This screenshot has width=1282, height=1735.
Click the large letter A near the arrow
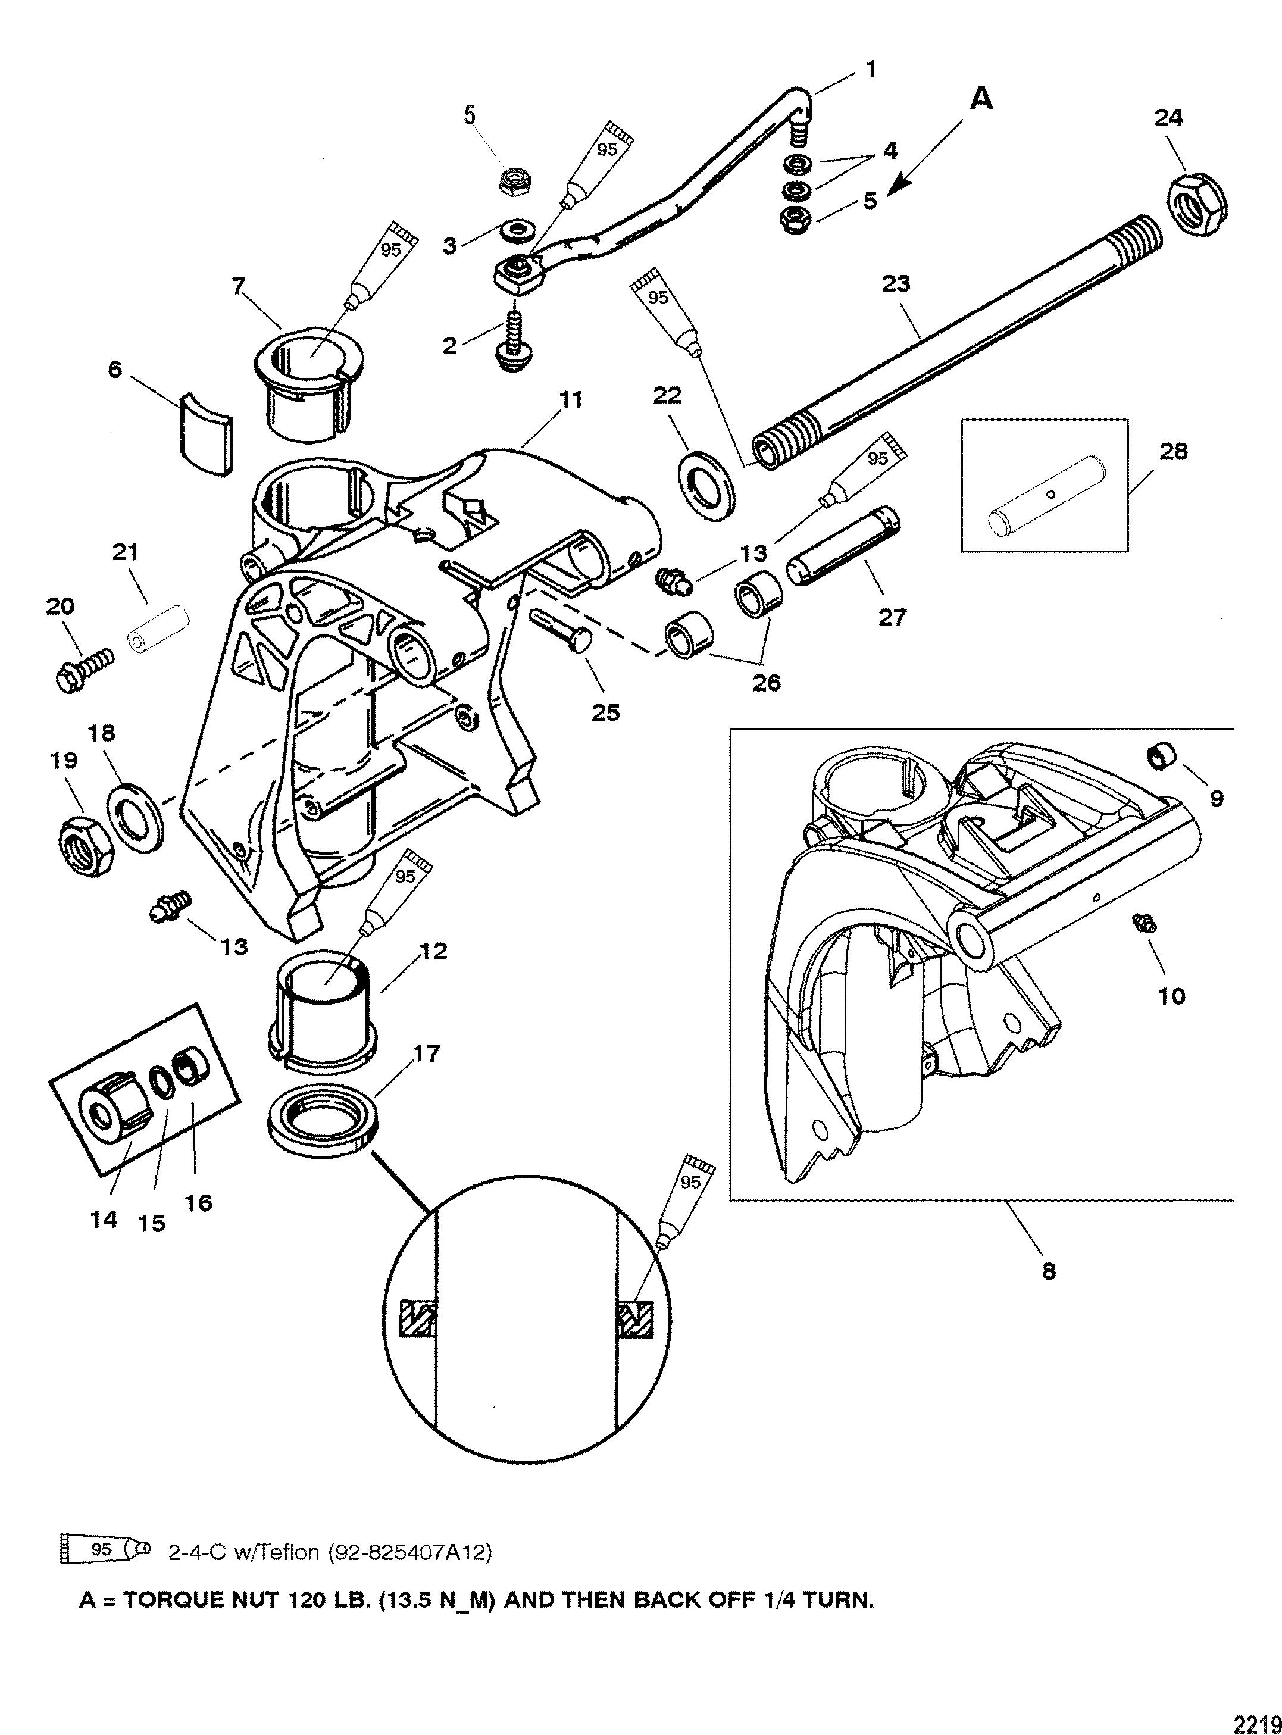[981, 99]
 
